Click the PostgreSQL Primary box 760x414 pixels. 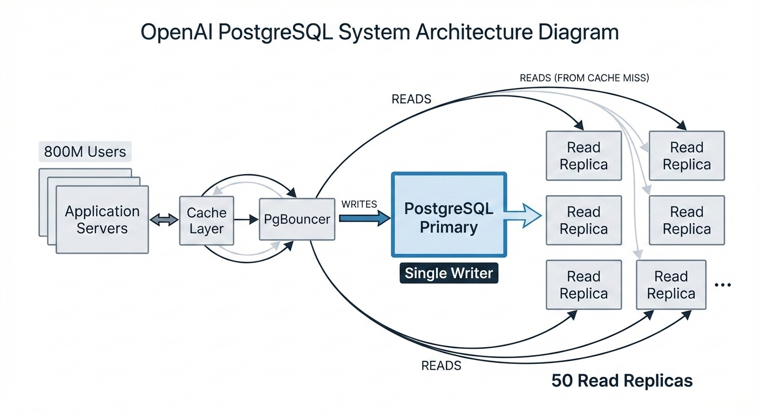449,215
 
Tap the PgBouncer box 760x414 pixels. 297,219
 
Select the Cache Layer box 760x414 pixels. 207,220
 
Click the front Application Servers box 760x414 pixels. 102,219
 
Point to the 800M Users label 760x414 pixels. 85,151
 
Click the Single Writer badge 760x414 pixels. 449,273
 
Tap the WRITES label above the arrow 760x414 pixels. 359,204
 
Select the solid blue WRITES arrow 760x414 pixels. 365,218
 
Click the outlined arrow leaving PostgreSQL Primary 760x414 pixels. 523,216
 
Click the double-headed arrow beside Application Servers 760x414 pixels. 164,220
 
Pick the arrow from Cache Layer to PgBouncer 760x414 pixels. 246,219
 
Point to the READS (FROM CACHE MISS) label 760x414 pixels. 584,78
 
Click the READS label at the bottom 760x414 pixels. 441,365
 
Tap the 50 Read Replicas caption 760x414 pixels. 622,381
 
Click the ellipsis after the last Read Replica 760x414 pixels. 723,285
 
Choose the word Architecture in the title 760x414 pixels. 474,32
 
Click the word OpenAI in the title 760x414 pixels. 177,32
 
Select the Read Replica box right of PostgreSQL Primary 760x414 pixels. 583,220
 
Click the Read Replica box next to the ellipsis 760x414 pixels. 671,285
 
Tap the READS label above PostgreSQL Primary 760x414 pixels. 411,99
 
